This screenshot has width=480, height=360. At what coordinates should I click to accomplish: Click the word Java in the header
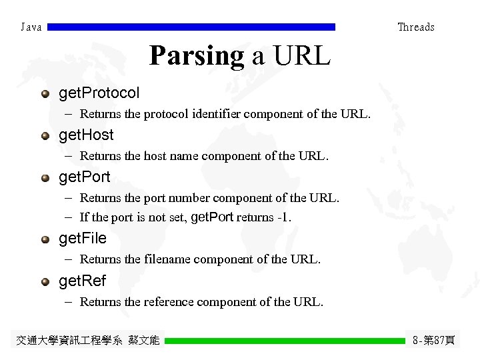click(31, 27)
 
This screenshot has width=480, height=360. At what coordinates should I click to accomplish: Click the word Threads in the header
click(416, 27)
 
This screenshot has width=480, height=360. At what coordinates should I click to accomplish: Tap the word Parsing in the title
click(197, 56)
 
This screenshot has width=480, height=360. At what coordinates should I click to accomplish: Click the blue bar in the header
click(192, 27)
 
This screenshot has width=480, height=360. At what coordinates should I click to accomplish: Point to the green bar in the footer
click(285, 341)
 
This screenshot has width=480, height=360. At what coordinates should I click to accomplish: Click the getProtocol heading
click(99, 93)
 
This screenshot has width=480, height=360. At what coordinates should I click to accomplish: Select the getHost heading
click(87, 135)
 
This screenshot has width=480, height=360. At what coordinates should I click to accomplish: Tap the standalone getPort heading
click(85, 177)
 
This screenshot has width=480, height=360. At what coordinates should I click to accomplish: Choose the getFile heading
click(83, 238)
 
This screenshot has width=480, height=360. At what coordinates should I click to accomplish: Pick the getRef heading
click(83, 281)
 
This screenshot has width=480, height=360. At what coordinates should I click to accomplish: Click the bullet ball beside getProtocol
click(45, 93)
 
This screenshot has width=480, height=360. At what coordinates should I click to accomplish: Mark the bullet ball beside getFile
click(45, 239)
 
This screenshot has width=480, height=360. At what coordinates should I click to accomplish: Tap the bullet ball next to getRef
click(45, 281)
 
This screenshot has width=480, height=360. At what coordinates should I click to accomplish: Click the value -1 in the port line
click(282, 217)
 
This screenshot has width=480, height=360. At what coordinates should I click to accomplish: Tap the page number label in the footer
click(433, 341)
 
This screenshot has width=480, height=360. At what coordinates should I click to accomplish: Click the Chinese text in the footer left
click(87, 341)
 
